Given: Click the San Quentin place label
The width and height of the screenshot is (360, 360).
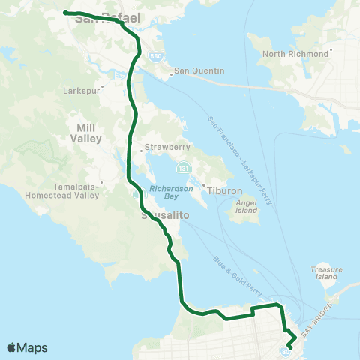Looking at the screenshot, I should click(200, 72).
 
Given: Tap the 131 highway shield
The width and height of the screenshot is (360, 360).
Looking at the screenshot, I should click(183, 163).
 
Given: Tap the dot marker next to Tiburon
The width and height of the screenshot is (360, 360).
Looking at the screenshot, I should click(203, 184).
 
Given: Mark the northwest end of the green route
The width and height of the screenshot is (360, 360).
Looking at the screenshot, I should click(65, 12).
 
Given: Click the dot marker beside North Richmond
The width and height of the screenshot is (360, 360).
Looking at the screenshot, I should click(330, 50).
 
